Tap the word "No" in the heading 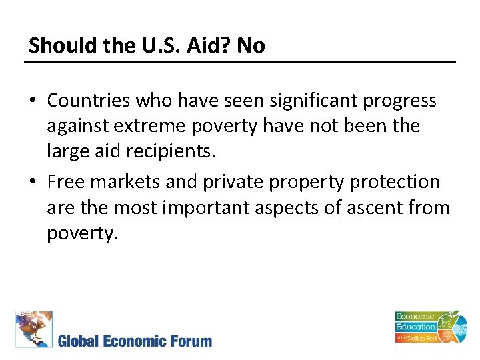251,45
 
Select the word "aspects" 304,209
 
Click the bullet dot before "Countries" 33,101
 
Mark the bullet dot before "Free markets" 33,182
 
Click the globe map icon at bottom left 33,329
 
